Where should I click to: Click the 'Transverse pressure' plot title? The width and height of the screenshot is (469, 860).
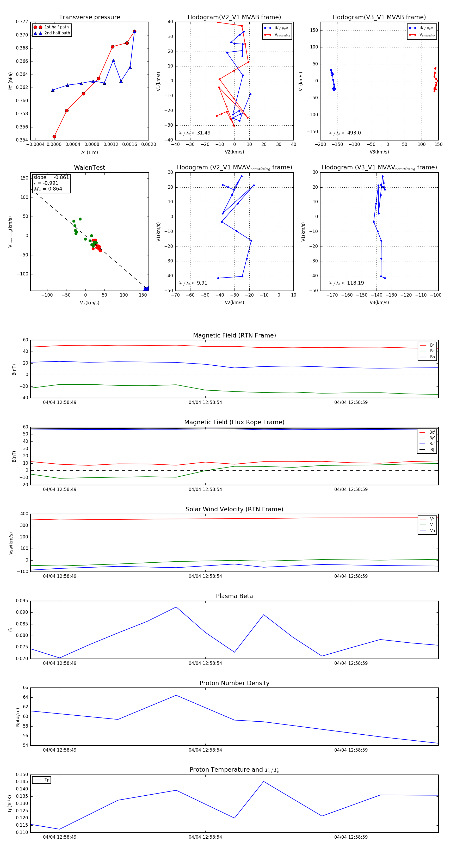[x=89, y=17]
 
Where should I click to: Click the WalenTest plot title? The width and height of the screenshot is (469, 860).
[x=89, y=168]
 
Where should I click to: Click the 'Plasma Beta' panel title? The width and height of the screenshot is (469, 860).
[x=234, y=596]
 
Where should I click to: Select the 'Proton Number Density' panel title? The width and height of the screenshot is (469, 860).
[x=234, y=683]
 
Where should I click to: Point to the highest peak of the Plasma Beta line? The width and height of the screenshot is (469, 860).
[x=176, y=607]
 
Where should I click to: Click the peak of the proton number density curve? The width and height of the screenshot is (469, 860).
[x=176, y=695]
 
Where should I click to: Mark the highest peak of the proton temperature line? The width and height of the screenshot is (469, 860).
[x=263, y=781]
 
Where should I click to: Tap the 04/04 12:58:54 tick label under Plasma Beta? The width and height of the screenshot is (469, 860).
[x=205, y=663]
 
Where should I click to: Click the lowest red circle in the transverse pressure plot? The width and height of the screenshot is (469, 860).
[x=54, y=137]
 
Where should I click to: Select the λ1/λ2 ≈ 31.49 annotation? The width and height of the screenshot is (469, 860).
[x=195, y=133]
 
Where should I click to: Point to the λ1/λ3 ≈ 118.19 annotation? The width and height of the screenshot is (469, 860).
[x=346, y=283]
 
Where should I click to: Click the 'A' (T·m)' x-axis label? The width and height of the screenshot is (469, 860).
[x=89, y=152]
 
